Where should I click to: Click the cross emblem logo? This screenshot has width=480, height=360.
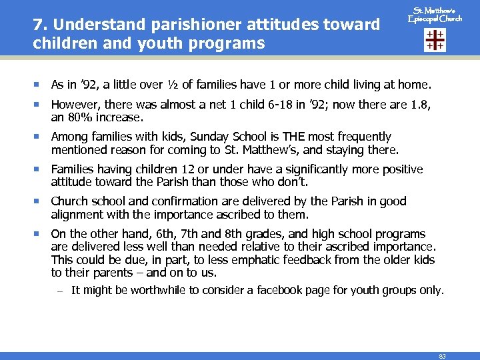(x=435, y=40)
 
